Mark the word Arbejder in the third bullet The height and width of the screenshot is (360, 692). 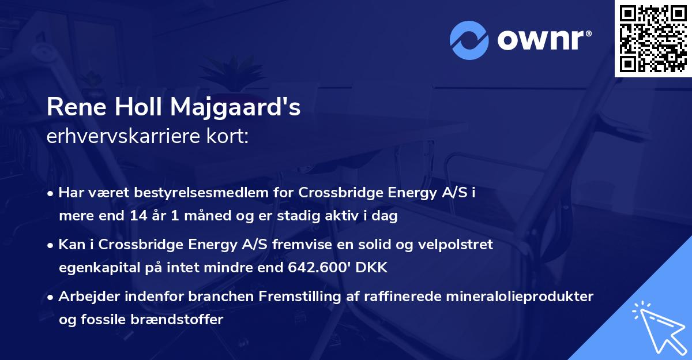click(x=84, y=297)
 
